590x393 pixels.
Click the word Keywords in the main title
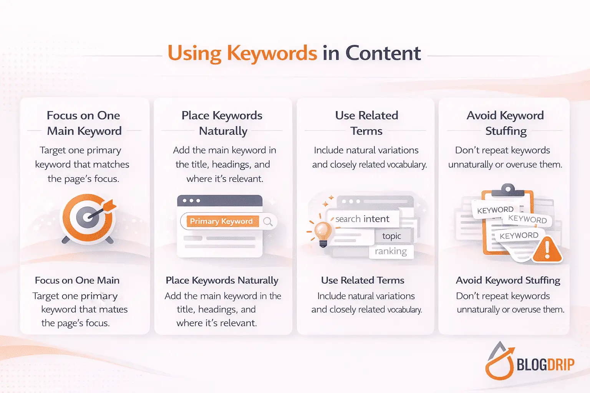click(x=272, y=53)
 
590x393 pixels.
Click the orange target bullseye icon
click(x=88, y=217)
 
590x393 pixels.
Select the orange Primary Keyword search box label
click(x=222, y=221)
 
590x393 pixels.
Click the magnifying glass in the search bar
click(x=268, y=221)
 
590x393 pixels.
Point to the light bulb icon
click(x=323, y=232)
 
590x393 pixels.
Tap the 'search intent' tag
click(x=362, y=219)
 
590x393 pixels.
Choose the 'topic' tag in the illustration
click(x=391, y=236)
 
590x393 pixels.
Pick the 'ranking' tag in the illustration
click(x=391, y=251)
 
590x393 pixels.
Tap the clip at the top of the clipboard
click(x=508, y=188)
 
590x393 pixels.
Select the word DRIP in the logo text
click(x=560, y=364)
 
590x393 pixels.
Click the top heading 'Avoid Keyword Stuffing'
click(x=505, y=123)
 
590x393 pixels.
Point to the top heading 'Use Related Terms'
click(x=366, y=123)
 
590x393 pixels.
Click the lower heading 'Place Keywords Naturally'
click(x=222, y=281)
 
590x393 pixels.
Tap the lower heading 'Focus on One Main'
click(x=77, y=281)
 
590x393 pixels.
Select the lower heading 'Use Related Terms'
click(x=363, y=281)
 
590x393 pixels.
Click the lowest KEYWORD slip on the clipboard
click(x=519, y=235)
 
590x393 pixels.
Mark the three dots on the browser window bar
click(x=191, y=201)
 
